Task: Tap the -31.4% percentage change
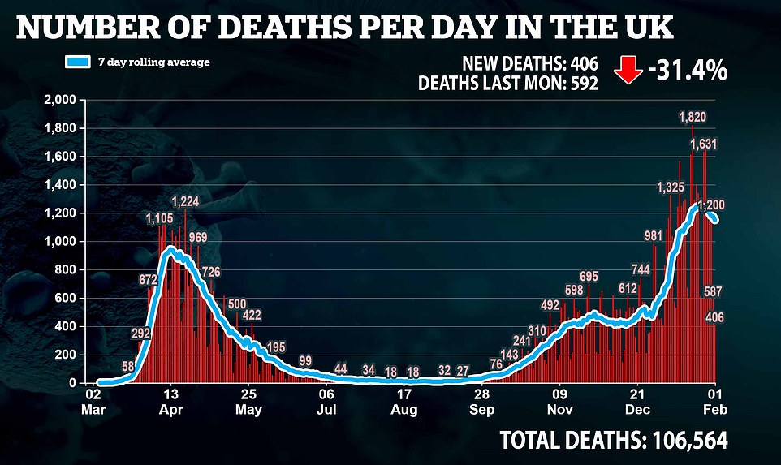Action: tap(687, 71)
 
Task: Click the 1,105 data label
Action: tap(160, 218)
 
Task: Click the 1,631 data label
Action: tap(704, 144)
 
